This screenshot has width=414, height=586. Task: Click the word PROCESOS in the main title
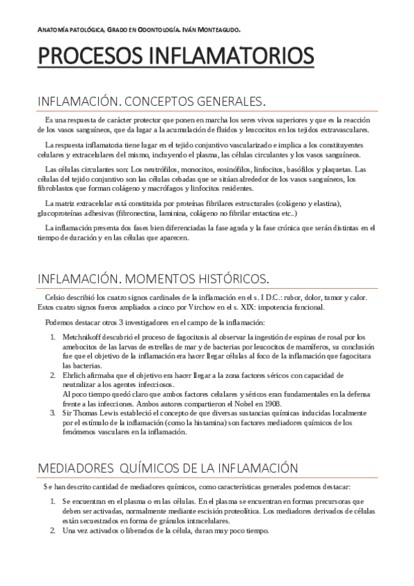95,55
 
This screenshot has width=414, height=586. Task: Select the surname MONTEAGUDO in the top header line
222,29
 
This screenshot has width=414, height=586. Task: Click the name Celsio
56,297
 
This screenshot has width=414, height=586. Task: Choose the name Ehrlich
73,375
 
